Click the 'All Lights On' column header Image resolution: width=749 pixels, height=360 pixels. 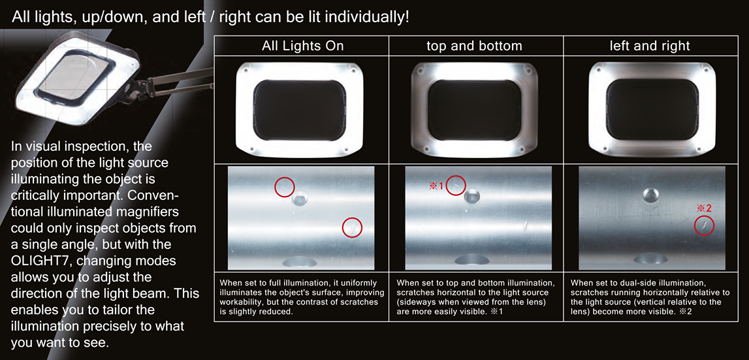tap(302, 46)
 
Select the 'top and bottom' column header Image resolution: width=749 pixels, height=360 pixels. tap(474, 46)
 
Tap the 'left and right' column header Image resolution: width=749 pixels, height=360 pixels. tap(650, 46)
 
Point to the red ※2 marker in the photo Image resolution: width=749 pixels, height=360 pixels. tap(704, 208)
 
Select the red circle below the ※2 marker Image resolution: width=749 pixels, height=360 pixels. tap(704, 225)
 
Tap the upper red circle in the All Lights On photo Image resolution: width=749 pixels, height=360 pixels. tap(285, 187)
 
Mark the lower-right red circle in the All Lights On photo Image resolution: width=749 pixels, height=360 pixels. tap(353, 227)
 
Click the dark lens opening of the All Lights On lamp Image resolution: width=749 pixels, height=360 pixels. tap(300, 110)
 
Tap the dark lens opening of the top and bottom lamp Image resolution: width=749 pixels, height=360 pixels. tap(474, 110)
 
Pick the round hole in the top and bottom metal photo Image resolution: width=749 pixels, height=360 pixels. tap(472, 196)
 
